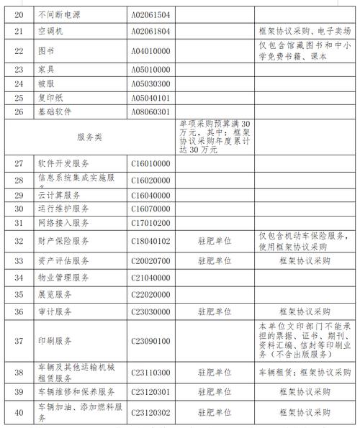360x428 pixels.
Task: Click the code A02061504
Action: coord(150,14)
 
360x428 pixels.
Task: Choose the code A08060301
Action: coord(150,112)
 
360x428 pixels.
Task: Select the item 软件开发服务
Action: coord(63,163)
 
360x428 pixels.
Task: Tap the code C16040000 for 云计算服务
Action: coord(150,195)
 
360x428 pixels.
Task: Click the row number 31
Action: coord(19,222)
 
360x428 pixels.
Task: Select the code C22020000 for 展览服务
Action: coord(150,295)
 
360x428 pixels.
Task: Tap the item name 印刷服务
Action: coord(54,341)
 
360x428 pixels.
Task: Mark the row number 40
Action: coord(19,414)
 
